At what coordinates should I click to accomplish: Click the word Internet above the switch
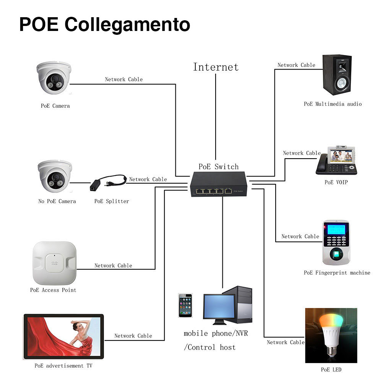tap(216, 67)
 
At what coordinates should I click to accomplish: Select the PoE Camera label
tap(55, 106)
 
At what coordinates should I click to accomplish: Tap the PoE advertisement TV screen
tap(63, 336)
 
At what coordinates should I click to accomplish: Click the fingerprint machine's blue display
tap(335, 229)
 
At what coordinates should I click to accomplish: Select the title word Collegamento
tap(127, 24)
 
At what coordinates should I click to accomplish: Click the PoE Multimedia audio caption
tap(332, 104)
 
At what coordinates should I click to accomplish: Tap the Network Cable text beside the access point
tap(113, 265)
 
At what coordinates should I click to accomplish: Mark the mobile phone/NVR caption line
tap(216, 334)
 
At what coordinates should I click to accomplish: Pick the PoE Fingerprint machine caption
tap(337, 273)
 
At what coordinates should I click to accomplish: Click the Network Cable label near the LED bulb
tap(285, 342)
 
